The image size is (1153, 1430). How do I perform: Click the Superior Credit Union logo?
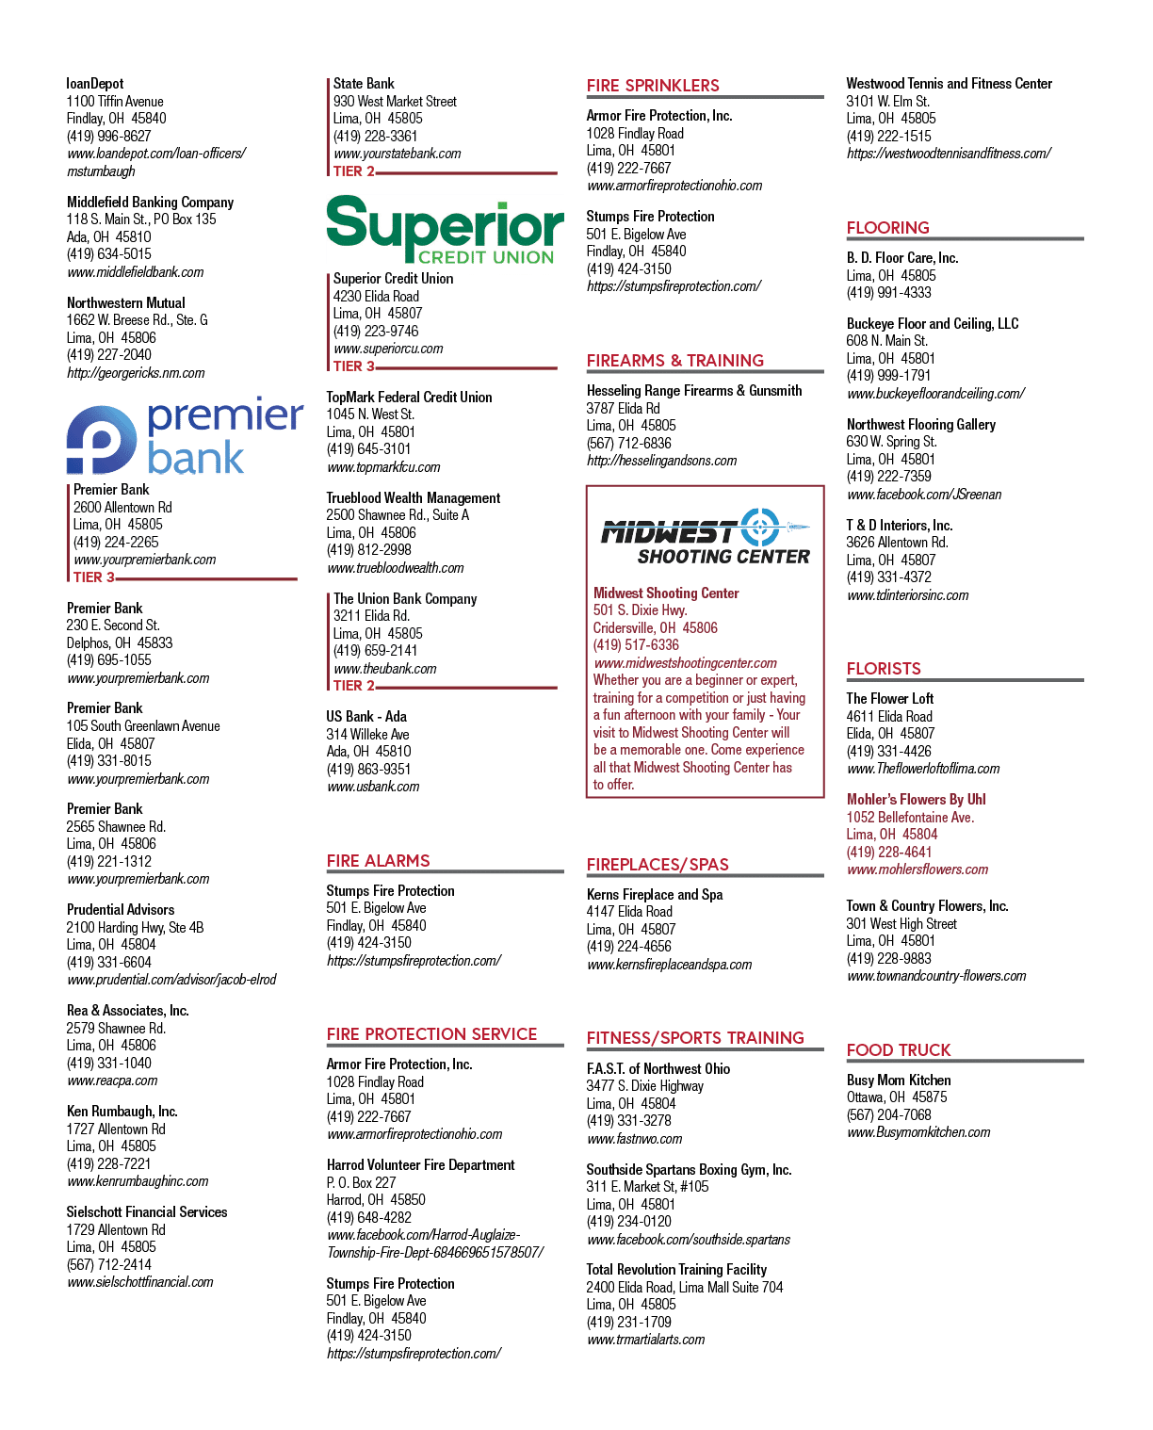pos(445,229)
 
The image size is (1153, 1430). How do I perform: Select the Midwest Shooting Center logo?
pos(706,536)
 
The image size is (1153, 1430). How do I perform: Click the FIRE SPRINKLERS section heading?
pos(653,86)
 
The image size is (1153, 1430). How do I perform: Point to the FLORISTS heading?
pos(884,669)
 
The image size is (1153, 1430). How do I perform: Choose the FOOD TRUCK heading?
pos(899,1050)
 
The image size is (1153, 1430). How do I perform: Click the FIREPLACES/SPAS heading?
pos(658,865)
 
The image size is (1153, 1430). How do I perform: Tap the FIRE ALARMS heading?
pos(378,861)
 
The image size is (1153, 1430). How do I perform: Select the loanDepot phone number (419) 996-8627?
pos(108,137)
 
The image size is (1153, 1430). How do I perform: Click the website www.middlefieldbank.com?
pos(135,272)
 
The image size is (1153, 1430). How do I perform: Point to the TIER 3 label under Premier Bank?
pos(93,577)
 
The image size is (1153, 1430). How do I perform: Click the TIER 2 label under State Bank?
pos(353,171)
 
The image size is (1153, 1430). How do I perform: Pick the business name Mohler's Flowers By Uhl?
pos(916,800)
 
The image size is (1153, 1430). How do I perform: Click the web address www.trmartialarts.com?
pos(645,1340)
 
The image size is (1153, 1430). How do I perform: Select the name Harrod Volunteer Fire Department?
pos(420,1165)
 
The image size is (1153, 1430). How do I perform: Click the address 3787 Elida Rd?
pos(623,408)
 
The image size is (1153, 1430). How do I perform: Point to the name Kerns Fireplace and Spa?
pos(654,894)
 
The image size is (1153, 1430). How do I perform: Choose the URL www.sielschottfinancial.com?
pos(139,1282)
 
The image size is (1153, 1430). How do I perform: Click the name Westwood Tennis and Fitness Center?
pos(949,84)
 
